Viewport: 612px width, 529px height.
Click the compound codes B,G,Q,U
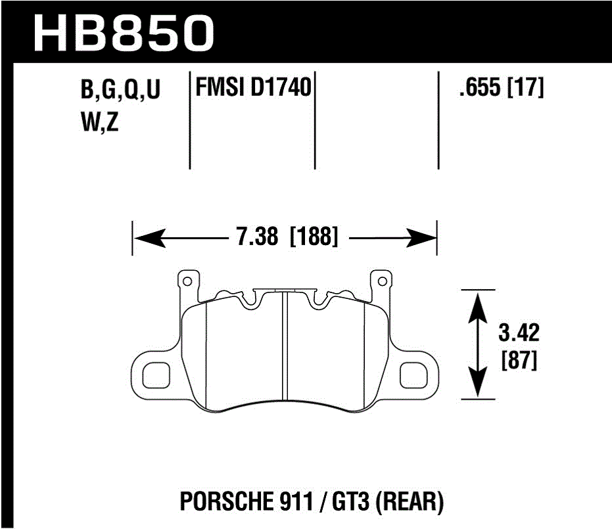tap(120, 91)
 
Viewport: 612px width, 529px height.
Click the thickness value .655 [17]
tap(502, 88)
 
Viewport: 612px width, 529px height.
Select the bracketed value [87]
tap(519, 360)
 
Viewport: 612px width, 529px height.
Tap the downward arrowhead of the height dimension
tap(479, 388)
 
